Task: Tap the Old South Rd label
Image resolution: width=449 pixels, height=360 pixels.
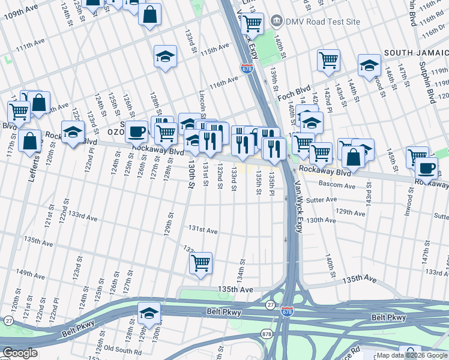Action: pyautogui.click(x=123, y=348)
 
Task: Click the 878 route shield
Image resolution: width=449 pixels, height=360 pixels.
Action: pyautogui.click(x=266, y=332)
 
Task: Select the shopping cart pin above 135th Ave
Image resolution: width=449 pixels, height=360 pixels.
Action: pyautogui.click(x=200, y=263)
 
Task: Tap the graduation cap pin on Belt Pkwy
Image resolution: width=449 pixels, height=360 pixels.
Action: pyautogui.click(x=149, y=313)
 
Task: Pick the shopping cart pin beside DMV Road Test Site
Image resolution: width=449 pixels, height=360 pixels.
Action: pyautogui.click(x=253, y=23)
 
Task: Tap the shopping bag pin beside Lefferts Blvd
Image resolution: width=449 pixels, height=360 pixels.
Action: pyautogui.click(x=29, y=142)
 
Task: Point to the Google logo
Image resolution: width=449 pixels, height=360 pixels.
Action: pyautogui.click(x=20, y=353)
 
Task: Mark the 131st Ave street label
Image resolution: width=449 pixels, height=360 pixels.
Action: pyautogui.click(x=203, y=230)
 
